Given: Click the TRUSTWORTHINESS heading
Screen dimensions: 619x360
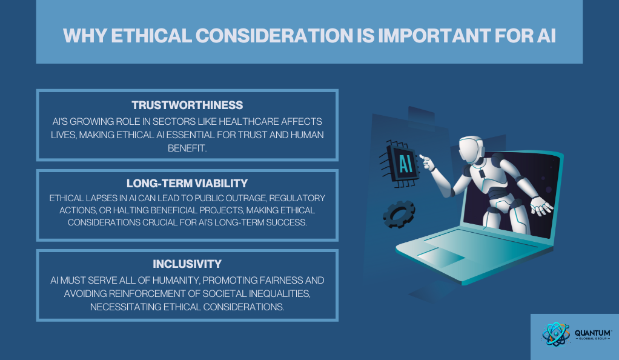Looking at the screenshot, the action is [x=187, y=105].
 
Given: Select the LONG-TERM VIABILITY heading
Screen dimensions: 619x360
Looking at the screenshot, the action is [x=187, y=184].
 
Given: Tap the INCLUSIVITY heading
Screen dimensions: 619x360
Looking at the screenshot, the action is [x=187, y=264].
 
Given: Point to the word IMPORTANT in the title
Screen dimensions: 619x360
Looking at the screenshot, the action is [x=434, y=36].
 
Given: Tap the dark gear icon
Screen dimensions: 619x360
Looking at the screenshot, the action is [x=399, y=214].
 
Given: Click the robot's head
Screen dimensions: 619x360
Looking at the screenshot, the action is [x=471, y=148].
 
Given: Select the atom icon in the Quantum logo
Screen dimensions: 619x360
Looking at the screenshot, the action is [x=556, y=335].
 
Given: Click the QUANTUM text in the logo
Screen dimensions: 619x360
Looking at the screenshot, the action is [x=593, y=333].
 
